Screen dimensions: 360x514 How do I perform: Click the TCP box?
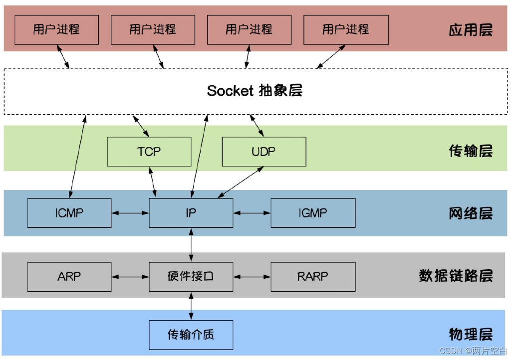[149, 152]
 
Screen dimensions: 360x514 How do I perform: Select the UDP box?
[263, 152]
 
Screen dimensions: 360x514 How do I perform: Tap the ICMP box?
[69, 213]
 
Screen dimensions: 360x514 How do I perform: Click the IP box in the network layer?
[191, 213]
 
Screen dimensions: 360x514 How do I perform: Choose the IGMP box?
[313, 213]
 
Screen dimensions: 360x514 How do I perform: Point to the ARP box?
[69, 276]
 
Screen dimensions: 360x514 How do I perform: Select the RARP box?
[313, 276]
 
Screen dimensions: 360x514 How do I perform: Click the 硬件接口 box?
[191, 276]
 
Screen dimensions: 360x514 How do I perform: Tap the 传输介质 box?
[191, 335]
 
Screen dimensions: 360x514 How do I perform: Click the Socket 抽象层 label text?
[255, 91]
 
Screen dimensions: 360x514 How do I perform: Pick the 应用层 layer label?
[471, 30]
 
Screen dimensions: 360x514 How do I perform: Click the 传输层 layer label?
[471, 151]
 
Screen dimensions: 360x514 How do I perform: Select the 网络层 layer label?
[471, 214]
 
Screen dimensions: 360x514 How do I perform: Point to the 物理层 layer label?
[471, 334]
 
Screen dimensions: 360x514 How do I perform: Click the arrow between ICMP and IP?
[130, 213]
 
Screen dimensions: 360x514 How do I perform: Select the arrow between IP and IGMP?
[252, 213]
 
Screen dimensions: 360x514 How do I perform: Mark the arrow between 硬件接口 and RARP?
[252, 276]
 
